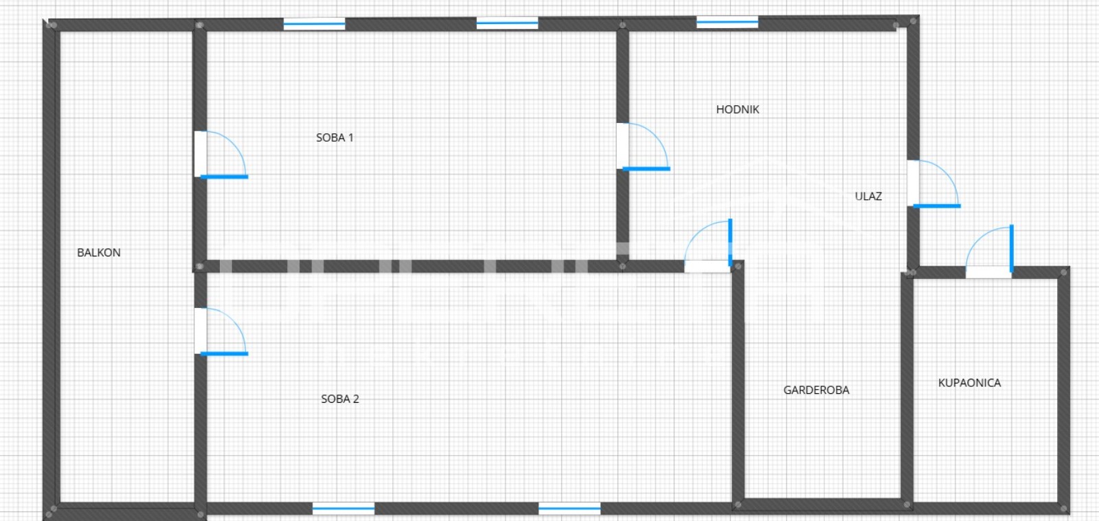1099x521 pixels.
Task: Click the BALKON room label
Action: (99, 252)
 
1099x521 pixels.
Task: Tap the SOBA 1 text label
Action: (335, 137)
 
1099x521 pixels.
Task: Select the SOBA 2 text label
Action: (340, 399)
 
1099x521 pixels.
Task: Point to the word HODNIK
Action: (737, 109)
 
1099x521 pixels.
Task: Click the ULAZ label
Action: (868, 196)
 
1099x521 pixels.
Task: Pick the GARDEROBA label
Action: (816, 390)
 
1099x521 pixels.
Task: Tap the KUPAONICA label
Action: (969, 383)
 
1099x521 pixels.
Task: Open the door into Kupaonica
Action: (989, 252)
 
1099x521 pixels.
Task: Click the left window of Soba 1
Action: (315, 24)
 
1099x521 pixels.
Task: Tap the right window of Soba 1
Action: (507, 24)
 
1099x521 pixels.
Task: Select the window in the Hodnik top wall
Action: (727, 23)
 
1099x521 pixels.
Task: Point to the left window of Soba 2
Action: (343, 509)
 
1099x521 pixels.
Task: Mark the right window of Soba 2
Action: (569, 509)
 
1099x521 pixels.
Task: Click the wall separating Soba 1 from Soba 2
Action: (412, 266)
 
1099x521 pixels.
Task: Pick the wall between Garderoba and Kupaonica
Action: (907, 385)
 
